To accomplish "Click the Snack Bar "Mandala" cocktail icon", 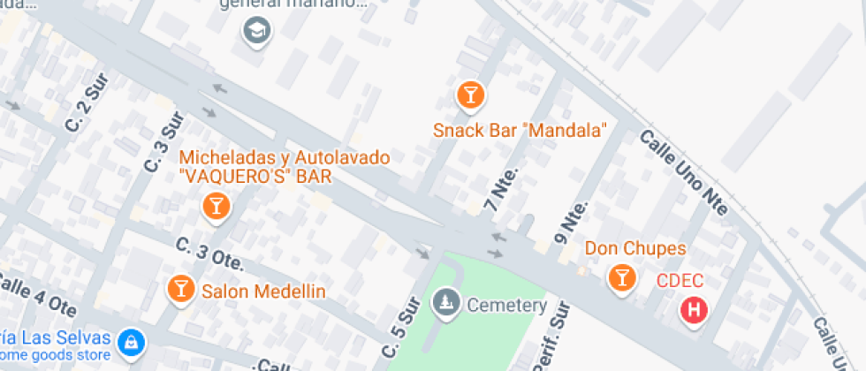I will click(x=470, y=95).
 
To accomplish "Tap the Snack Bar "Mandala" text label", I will click(x=520, y=131).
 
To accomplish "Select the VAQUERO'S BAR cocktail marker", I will click(x=215, y=208).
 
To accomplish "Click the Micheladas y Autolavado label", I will click(x=284, y=158).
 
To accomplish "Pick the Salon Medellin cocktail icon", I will click(x=181, y=288).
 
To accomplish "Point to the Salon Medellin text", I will click(x=264, y=291).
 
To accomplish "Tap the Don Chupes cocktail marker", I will click(x=622, y=277).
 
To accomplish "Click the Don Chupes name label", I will click(x=629, y=249).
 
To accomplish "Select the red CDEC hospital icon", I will click(x=695, y=311).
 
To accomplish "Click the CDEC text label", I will click(x=680, y=282).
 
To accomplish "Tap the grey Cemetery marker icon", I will click(x=445, y=304).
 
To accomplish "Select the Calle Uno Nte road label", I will click(x=683, y=172).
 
